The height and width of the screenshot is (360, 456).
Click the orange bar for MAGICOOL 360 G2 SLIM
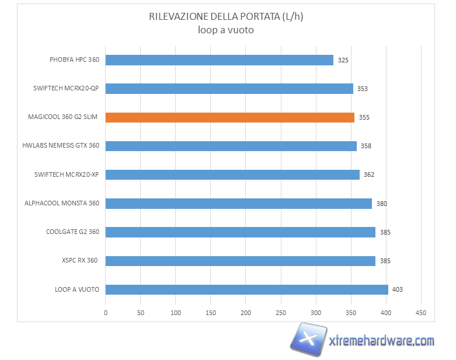click(x=230, y=117)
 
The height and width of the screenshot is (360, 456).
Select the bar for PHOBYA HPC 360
click(x=220, y=60)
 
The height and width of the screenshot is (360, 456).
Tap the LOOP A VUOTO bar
click(x=246, y=289)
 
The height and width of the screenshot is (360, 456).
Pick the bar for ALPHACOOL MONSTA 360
click(x=238, y=204)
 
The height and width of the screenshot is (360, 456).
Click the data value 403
click(x=398, y=289)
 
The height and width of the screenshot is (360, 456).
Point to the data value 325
click(x=343, y=60)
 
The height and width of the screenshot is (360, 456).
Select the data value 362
click(x=368, y=174)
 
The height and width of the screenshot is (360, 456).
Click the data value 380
click(x=381, y=204)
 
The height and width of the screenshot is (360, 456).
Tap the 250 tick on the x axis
click(x=281, y=313)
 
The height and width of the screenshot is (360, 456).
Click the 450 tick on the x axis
click(x=421, y=313)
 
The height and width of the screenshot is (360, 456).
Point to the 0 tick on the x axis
click(x=106, y=313)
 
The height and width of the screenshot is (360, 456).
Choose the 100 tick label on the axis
click(x=176, y=313)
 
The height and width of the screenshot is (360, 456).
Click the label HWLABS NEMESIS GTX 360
click(x=61, y=146)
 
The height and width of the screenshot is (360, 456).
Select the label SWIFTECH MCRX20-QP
click(x=66, y=89)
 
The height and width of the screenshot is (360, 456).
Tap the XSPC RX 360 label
click(x=80, y=260)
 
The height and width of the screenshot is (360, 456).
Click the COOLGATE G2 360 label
click(x=72, y=232)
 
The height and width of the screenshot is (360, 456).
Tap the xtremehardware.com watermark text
click(x=382, y=341)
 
